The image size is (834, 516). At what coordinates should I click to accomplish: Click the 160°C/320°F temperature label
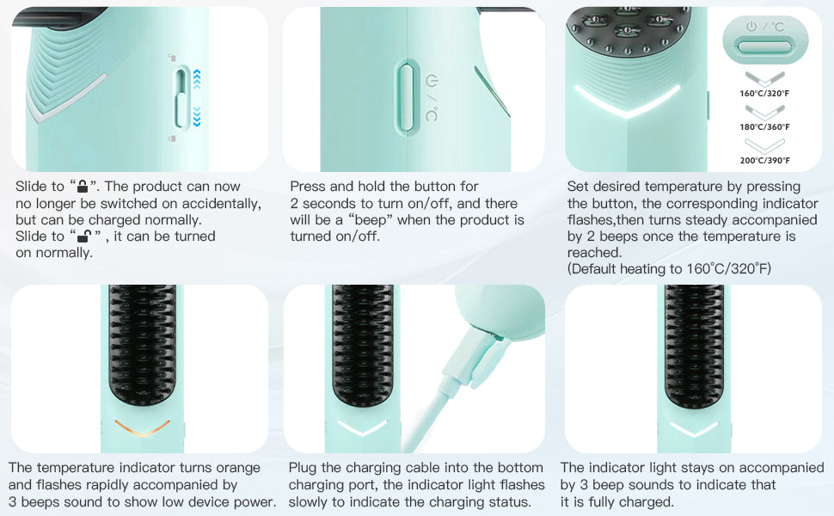[x=764, y=94]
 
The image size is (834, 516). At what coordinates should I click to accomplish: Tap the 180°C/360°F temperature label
[x=764, y=127]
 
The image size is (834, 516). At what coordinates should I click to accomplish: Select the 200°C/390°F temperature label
[x=764, y=161]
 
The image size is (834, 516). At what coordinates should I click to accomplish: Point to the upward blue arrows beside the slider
[x=197, y=79]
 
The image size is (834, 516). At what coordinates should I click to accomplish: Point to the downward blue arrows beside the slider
[x=197, y=116]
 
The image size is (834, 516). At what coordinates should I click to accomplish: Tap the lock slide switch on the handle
[x=182, y=98]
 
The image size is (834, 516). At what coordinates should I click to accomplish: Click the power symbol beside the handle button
[x=432, y=81]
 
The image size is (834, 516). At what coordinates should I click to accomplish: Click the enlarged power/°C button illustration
[x=765, y=40]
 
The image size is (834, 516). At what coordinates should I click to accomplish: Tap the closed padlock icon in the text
[x=83, y=186]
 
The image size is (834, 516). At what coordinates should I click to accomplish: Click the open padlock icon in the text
[x=84, y=236]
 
